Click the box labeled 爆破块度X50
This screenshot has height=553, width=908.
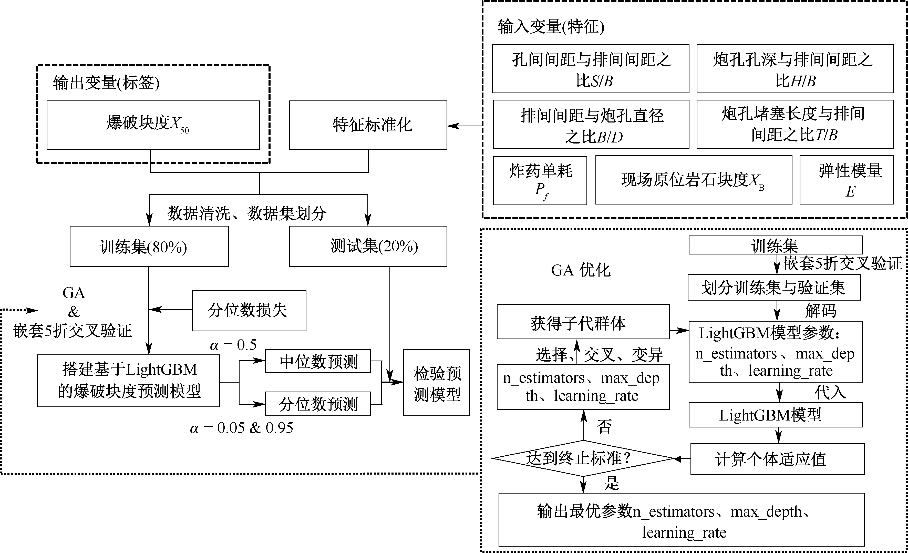[153, 125]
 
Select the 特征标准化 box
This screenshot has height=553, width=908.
[368, 125]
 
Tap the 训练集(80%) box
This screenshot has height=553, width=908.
[149, 246]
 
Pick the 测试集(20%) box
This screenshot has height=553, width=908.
[368, 246]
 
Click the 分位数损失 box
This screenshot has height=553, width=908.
[249, 310]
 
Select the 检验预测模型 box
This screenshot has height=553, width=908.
[436, 383]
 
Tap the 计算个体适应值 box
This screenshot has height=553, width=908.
[777, 459]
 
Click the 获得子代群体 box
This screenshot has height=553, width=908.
[583, 322]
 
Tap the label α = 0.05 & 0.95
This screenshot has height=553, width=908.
[241, 428]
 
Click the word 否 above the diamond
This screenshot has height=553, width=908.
[604, 427]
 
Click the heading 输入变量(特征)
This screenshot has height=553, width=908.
[551, 27]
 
